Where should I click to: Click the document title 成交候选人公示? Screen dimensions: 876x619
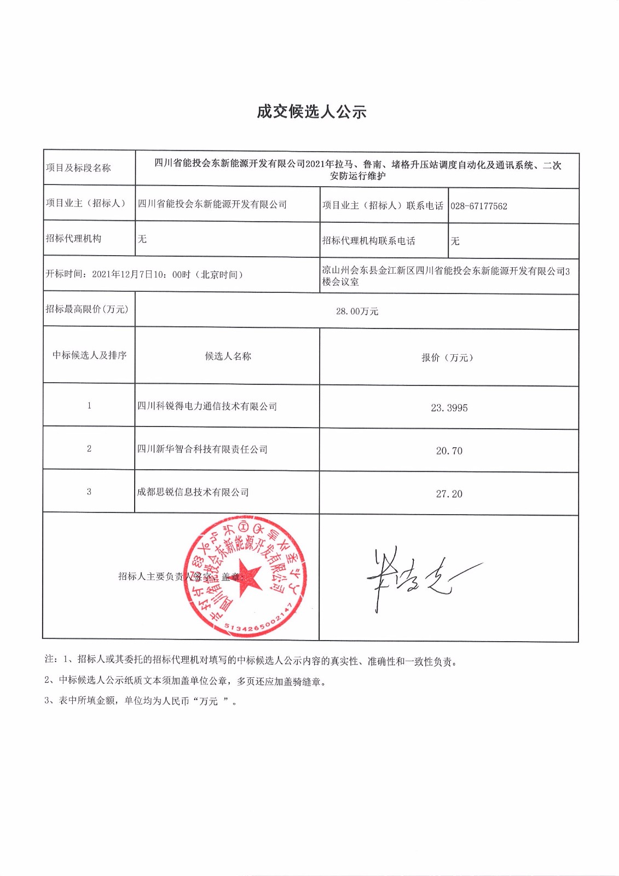(x=311, y=112)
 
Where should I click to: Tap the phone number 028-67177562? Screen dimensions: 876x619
(x=479, y=206)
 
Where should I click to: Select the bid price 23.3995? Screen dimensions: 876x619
(x=449, y=408)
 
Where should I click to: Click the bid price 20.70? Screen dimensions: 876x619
(x=449, y=451)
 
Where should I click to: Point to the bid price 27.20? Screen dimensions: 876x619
(x=449, y=494)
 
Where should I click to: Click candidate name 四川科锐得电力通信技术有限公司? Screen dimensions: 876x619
(x=207, y=406)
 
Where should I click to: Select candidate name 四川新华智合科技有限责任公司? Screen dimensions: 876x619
(x=203, y=449)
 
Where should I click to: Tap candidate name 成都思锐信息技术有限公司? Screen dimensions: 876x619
(x=193, y=492)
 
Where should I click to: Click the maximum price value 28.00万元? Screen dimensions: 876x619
(x=357, y=312)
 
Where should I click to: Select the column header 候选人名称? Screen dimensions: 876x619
(x=228, y=356)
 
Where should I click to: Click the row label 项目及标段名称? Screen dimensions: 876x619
(x=78, y=168)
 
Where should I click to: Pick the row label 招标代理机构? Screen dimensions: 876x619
(x=73, y=239)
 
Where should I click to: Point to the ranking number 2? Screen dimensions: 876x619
(x=89, y=449)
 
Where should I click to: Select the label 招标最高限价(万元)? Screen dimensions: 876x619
(x=86, y=309)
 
